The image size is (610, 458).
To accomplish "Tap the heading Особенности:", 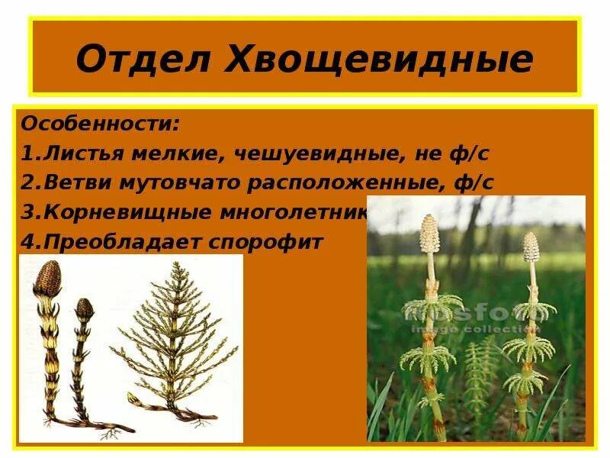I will [x=101, y=123].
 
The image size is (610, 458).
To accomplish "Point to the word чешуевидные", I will [x=307, y=153].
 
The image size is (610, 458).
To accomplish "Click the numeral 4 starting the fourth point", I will [x=25, y=243].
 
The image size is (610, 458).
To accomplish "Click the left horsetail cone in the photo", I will [x=429, y=232].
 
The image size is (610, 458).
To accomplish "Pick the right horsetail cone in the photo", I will [x=531, y=246].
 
